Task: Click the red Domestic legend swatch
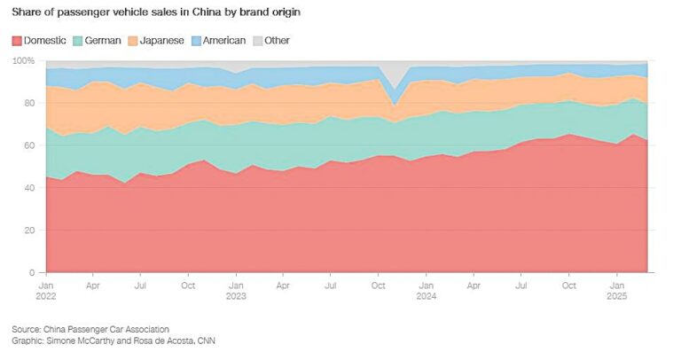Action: click(17, 40)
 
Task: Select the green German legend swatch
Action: click(78, 40)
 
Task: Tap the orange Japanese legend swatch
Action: click(133, 40)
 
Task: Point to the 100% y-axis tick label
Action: click(23, 60)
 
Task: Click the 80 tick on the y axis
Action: click(29, 103)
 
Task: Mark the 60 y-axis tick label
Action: click(29, 145)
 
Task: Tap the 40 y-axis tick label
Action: click(29, 188)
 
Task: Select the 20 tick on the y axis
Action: click(29, 231)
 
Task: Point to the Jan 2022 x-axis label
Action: click(46, 292)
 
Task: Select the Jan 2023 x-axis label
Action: click(236, 292)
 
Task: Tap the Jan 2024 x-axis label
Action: click(427, 292)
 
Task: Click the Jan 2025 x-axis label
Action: click(616, 292)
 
